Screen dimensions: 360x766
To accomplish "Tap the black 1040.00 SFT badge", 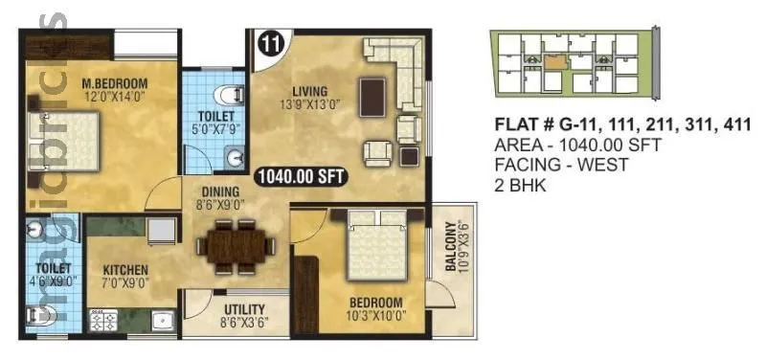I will (x=300, y=176).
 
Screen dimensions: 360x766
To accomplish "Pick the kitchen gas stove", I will (x=102, y=321).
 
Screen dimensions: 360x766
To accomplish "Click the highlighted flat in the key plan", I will (x=556, y=58).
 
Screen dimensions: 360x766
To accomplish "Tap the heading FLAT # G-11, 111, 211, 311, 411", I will (x=620, y=125).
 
